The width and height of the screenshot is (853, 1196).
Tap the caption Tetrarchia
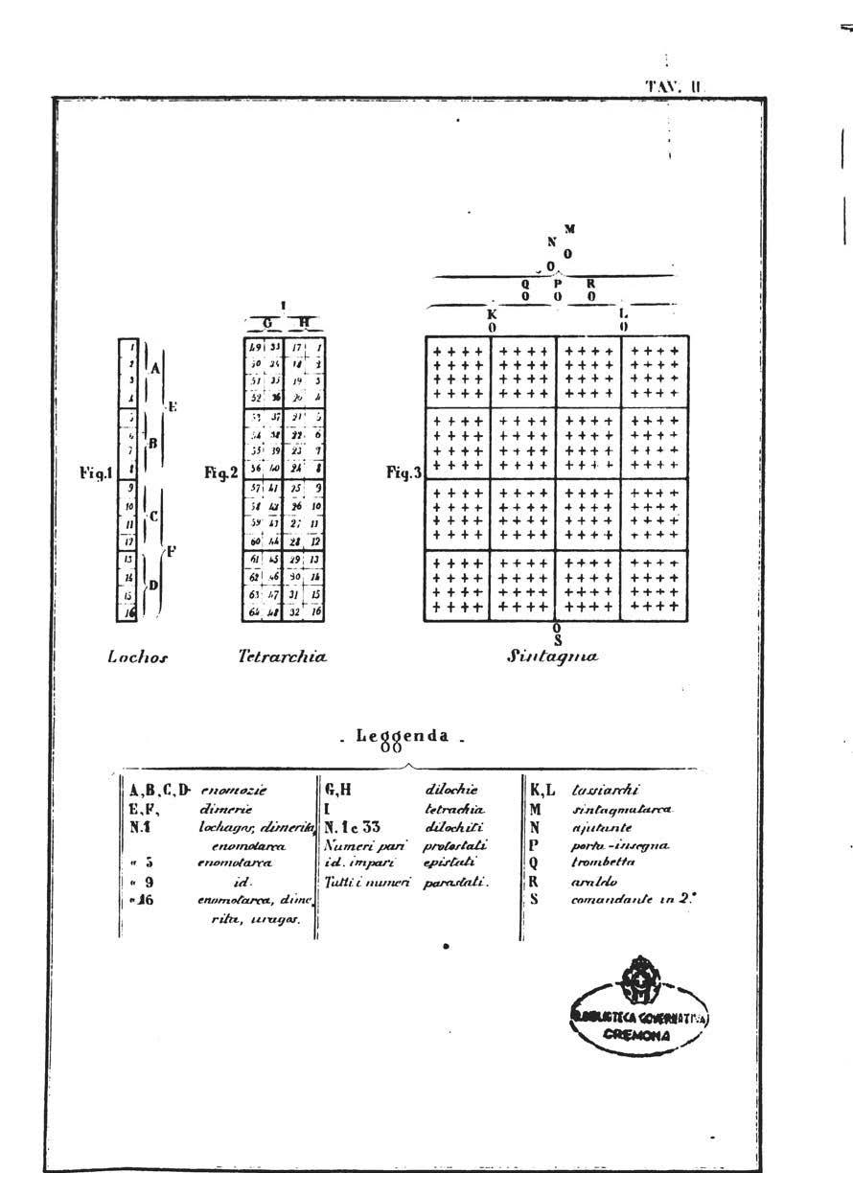tap(282, 657)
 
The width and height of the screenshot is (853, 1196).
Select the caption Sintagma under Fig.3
tap(553, 657)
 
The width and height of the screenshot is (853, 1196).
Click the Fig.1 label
tap(97, 472)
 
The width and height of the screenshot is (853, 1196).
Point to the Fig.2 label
tap(221, 472)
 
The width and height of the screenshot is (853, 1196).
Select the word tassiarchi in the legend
tap(598, 791)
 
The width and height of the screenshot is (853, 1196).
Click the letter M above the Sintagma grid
tap(569, 229)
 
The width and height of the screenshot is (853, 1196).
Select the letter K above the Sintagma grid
tap(492, 313)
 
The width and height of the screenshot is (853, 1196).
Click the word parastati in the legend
tap(455, 881)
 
